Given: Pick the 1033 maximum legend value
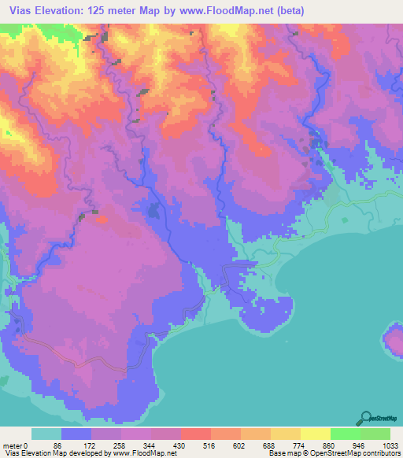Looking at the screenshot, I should (390, 445).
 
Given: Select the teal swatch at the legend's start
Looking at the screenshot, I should (46, 434).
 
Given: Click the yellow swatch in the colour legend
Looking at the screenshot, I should (315, 434).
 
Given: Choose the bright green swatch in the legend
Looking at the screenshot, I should (345, 434).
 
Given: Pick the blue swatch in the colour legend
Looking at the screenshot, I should (76, 434).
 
